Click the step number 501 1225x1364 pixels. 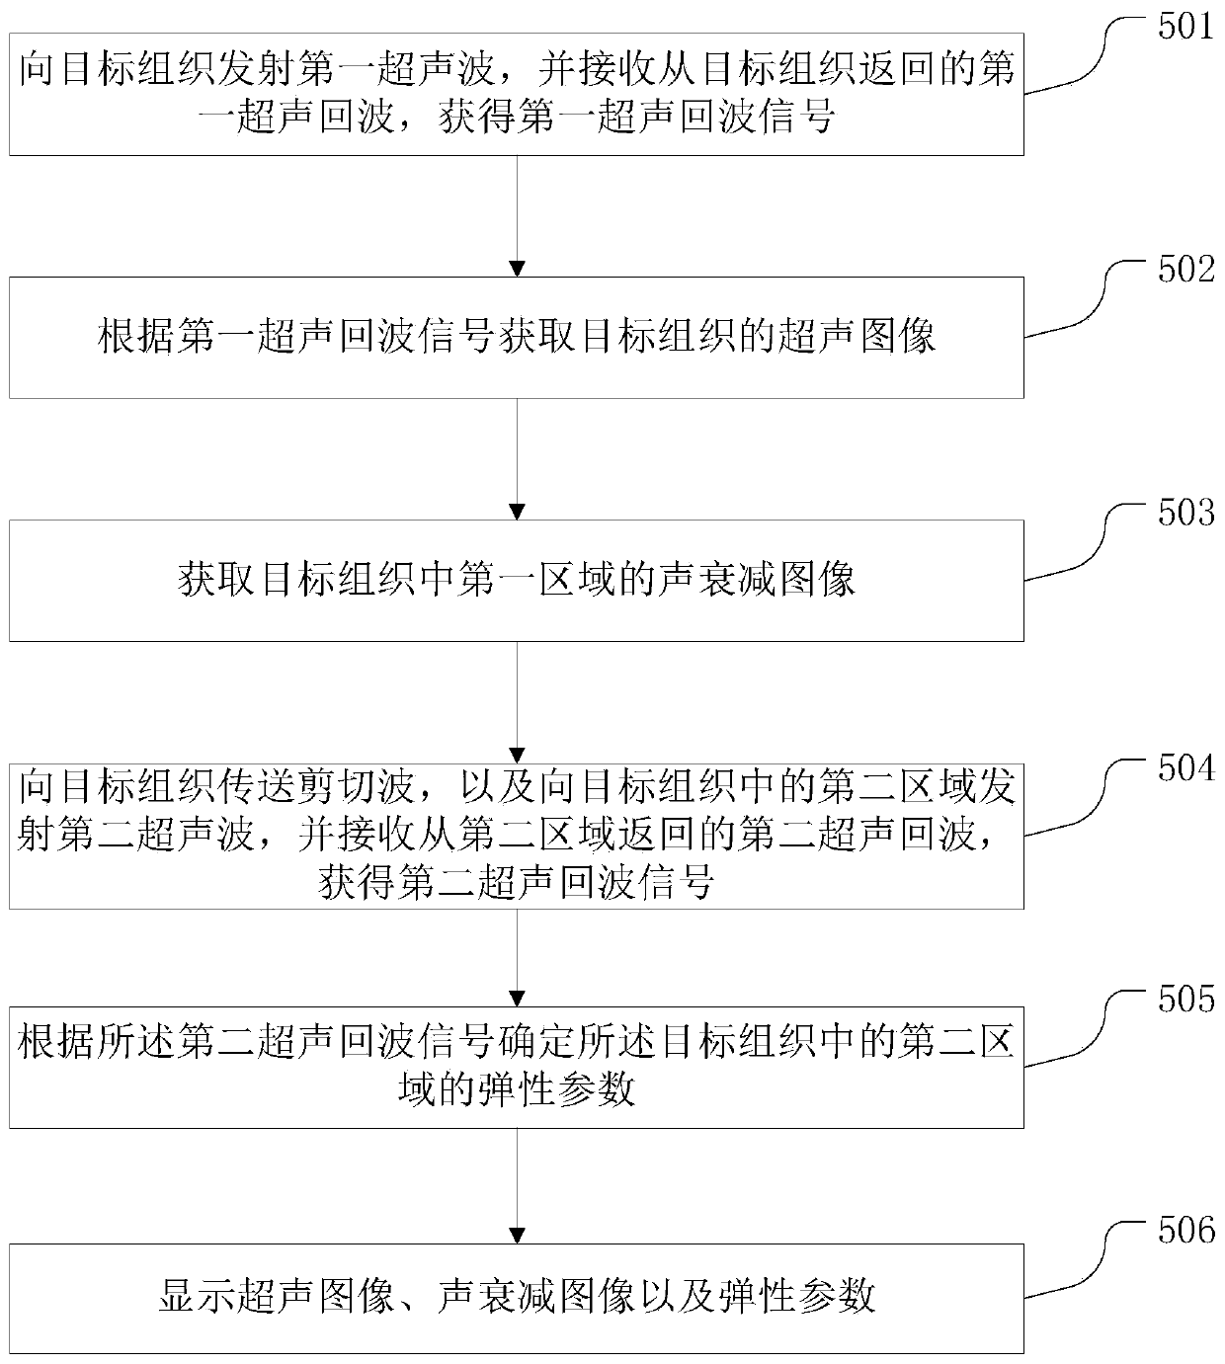pyautogui.click(x=1185, y=27)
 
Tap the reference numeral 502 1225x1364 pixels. pyautogui.click(x=1185, y=270)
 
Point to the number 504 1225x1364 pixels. pyautogui.click(x=1185, y=768)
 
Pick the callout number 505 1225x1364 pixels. pyautogui.click(x=1185, y=1000)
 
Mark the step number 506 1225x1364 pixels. pyautogui.click(x=1185, y=1231)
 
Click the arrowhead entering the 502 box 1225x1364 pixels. pyautogui.click(x=517, y=269)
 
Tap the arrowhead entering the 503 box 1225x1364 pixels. pyautogui.click(x=517, y=512)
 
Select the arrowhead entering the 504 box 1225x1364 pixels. pyautogui.click(x=517, y=755)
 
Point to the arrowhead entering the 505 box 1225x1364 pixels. pyautogui.click(x=517, y=999)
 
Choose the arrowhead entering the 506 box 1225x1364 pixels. pyautogui.click(x=517, y=1236)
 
